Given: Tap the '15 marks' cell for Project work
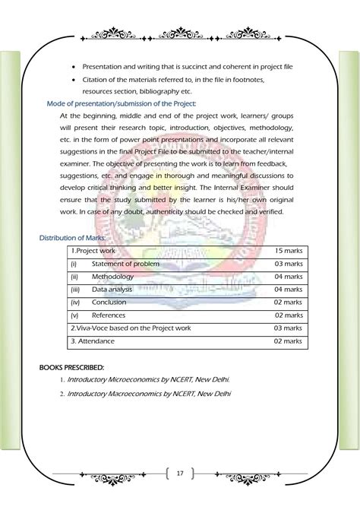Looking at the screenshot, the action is click(288, 250).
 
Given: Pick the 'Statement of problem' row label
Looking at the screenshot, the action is click(125, 263).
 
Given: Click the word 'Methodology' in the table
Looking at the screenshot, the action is click(112, 276).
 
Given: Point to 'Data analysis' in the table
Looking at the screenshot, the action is click(114, 289).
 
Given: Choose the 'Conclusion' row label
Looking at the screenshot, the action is click(109, 302).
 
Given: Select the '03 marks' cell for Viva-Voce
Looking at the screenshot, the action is click(288, 328).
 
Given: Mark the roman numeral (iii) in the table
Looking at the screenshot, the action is click(74, 289).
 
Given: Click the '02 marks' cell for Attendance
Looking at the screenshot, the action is click(288, 341).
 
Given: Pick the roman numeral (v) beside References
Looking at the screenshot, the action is click(74, 315).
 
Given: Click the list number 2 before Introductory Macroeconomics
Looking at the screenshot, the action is click(61, 394).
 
